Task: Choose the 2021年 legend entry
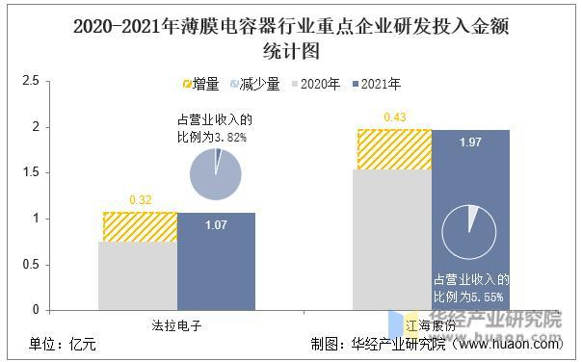(374, 85)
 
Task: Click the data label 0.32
(141, 201)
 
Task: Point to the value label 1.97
(470, 142)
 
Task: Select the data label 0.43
(395, 117)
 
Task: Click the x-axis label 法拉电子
(178, 323)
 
